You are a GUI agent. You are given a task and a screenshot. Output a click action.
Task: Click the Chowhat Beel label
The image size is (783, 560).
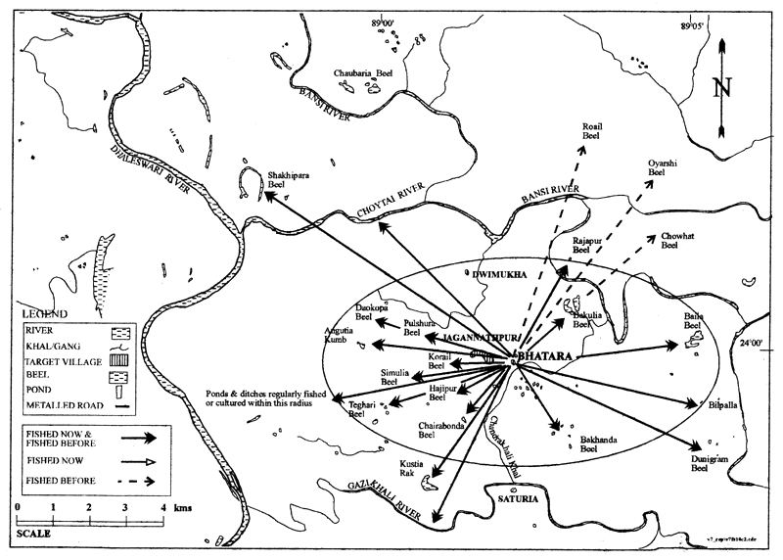[x=677, y=241]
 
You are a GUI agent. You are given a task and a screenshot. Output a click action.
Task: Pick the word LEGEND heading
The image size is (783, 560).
[x=43, y=314]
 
